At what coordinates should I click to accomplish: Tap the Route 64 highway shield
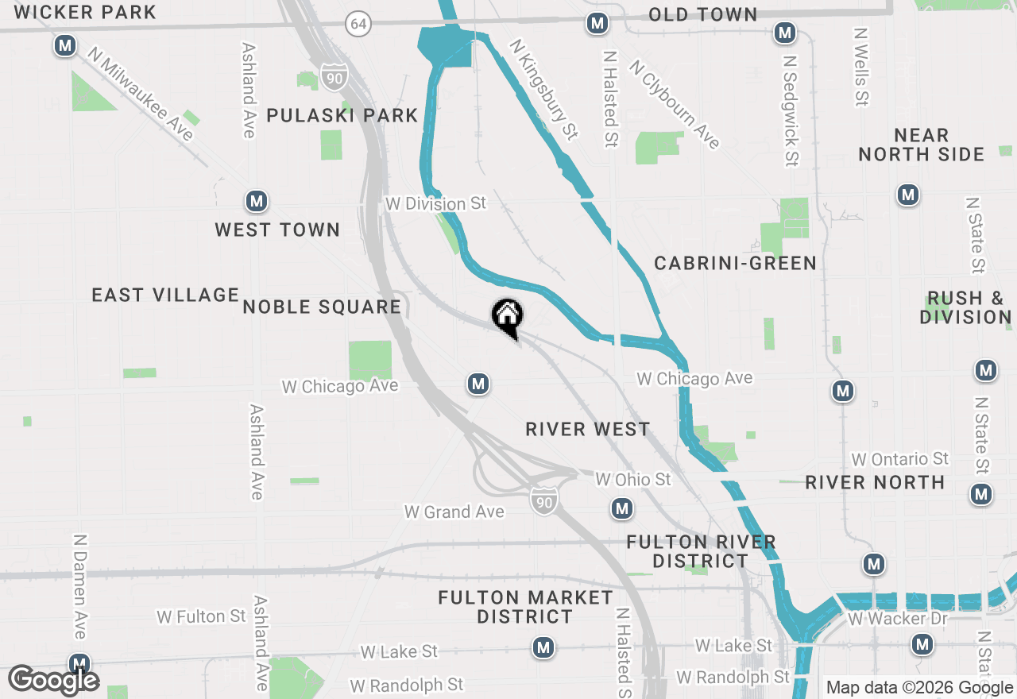coord(359,24)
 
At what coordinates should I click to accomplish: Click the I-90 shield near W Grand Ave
coord(544,500)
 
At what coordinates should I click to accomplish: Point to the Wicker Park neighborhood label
coord(85,12)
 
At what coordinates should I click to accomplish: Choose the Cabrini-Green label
coord(735,263)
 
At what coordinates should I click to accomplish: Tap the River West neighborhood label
coord(588,429)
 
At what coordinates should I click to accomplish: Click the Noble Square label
coord(322,307)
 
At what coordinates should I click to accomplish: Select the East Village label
coord(165,295)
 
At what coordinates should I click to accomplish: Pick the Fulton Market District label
coord(525,607)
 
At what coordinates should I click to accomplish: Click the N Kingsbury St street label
coord(543,90)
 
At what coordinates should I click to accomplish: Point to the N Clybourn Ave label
coord(675,103)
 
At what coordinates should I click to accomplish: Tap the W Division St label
coord(435,203)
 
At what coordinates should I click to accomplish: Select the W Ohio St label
coord(633,479)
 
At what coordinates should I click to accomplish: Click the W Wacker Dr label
coord(898,618)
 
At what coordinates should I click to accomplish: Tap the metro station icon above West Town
coord(256,201)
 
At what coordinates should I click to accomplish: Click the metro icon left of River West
coord(478,384)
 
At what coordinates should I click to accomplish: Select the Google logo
coord(54,680)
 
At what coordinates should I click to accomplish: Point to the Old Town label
coord(702,14)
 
